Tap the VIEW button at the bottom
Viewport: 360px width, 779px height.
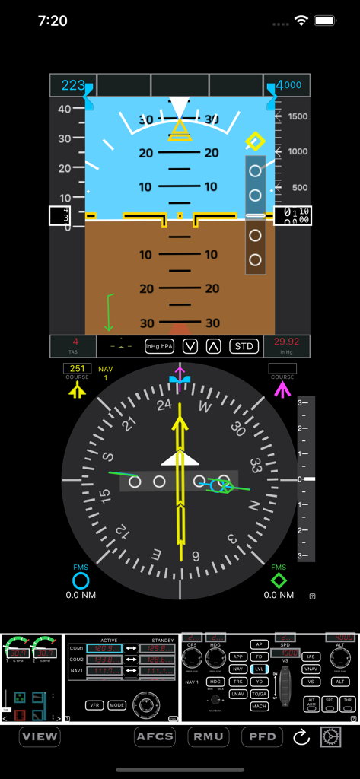[40, 736]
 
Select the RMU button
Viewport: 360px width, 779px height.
[208, 736]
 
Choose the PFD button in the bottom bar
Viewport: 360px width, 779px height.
[262, 736]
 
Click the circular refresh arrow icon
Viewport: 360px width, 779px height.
[301, 736]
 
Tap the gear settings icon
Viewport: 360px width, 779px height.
[331, 736]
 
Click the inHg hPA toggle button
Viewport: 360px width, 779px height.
[159, 346]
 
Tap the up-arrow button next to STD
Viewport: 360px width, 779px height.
[214, 346]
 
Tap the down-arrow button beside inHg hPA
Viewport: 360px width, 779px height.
[190, 346]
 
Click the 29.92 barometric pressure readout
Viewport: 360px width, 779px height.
[287, 342]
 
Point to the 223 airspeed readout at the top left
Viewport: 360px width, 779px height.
[73, 85]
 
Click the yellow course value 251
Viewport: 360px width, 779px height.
[77, 368]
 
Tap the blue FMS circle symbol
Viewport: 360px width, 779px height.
[81, 581]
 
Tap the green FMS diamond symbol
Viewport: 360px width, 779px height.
[279, 581]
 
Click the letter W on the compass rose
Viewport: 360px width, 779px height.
[205, 406]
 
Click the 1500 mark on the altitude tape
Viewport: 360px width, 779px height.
[298, 116]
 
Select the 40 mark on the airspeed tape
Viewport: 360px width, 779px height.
[65, 109]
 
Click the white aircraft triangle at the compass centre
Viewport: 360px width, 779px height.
[180, 458]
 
